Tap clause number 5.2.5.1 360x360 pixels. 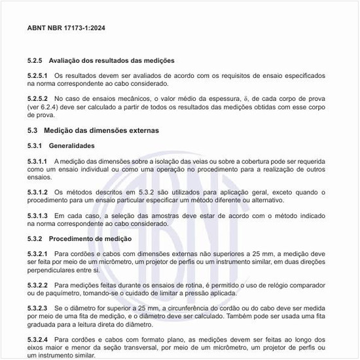tap(38, 76)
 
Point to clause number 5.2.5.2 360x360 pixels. tap(38, 98)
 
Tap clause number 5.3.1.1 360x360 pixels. tap(38, 160)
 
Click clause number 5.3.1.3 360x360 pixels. tap(38, 215)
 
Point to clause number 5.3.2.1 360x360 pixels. tap(38, 253)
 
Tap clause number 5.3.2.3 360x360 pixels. tap(38, 308)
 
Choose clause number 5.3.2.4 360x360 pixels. tap(38, 339)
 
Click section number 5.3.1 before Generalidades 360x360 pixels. tap(35, 145)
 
